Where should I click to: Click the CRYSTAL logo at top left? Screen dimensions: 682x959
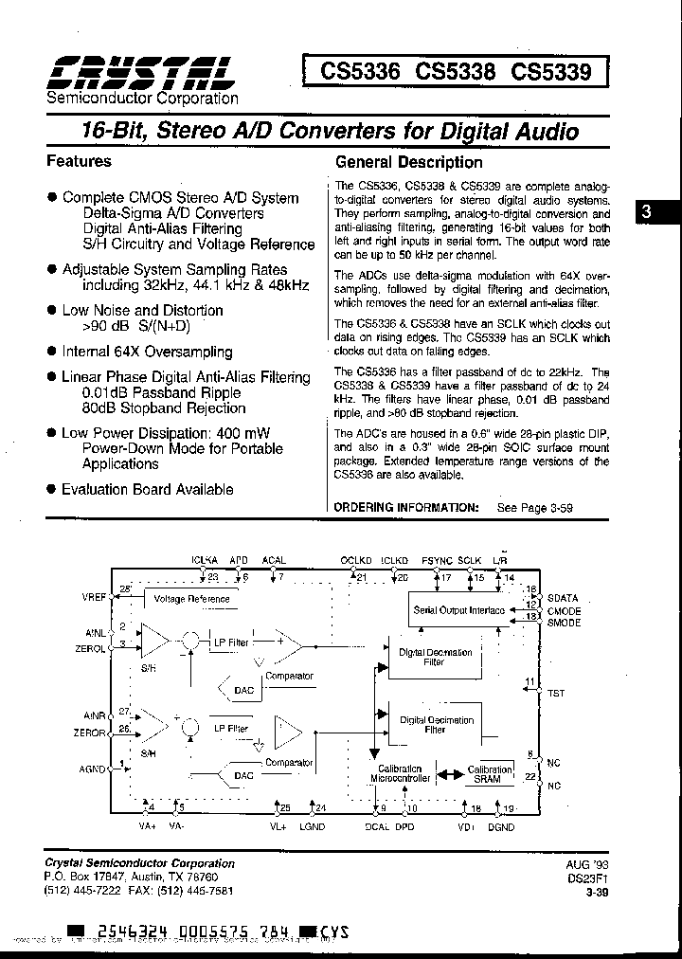click(x=139, y=71)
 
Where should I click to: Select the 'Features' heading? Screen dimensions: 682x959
click(x=79, y=161)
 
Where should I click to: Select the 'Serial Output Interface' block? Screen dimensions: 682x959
click(x=458, y=610)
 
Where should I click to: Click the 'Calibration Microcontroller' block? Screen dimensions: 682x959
click(x=400, y=772)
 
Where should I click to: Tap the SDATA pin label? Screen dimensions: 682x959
click(x=562, y=599)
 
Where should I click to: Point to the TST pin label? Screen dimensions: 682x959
click(x=556, y=693)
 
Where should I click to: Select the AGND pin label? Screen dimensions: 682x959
click(x=96, y=769)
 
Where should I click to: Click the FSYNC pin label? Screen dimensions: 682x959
click(x=438, y=560)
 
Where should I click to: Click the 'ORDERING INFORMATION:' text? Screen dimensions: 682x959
click(x=407, y=508)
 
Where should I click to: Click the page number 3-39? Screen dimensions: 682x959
click(x=597, y=892)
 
